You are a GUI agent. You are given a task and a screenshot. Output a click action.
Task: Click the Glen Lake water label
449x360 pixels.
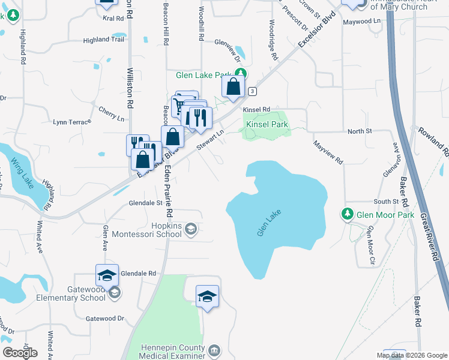pyautogui.click(x=269, y=222)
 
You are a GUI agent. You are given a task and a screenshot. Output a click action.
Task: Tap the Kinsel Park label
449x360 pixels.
pyautogui.click(x=267, y=125)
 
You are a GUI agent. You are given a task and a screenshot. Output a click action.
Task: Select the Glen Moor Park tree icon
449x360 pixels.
pyautogui.click(x=347, y=214)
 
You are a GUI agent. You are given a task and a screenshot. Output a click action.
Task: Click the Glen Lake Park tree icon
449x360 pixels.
pyautogui.click(x=240, y=74)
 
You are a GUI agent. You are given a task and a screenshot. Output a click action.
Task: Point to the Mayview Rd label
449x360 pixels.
pyautogui.click(x=327, y=152)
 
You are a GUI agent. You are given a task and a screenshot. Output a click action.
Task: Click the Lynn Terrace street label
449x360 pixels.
pyautogui.click(x=71, y=122)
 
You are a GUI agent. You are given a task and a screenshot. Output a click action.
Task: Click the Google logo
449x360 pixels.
pyautogui.click(x=20, y=352)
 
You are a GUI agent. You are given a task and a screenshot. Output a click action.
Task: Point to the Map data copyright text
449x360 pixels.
pyautogui.click(x=411, y=355)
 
